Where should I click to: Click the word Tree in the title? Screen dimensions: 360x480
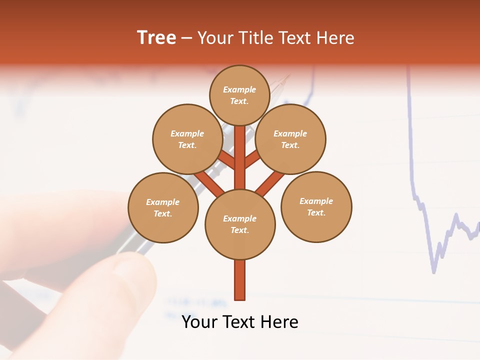pos(156,38)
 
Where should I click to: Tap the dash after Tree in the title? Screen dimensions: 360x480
pos(186,38)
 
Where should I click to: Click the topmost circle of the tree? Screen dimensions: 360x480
pos(239,95)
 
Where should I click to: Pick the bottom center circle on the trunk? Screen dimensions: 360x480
pos(239,224)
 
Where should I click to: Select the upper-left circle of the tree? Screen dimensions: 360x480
pos(187,139)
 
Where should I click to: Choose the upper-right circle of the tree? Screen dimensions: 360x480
pos(290,139)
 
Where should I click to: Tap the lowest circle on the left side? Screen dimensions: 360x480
pos(162,207)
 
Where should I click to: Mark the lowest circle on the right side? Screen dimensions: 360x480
pos(316,206)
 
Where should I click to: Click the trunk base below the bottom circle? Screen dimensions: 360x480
pos(239,280)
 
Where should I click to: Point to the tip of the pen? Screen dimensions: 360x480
pos(288,76)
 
